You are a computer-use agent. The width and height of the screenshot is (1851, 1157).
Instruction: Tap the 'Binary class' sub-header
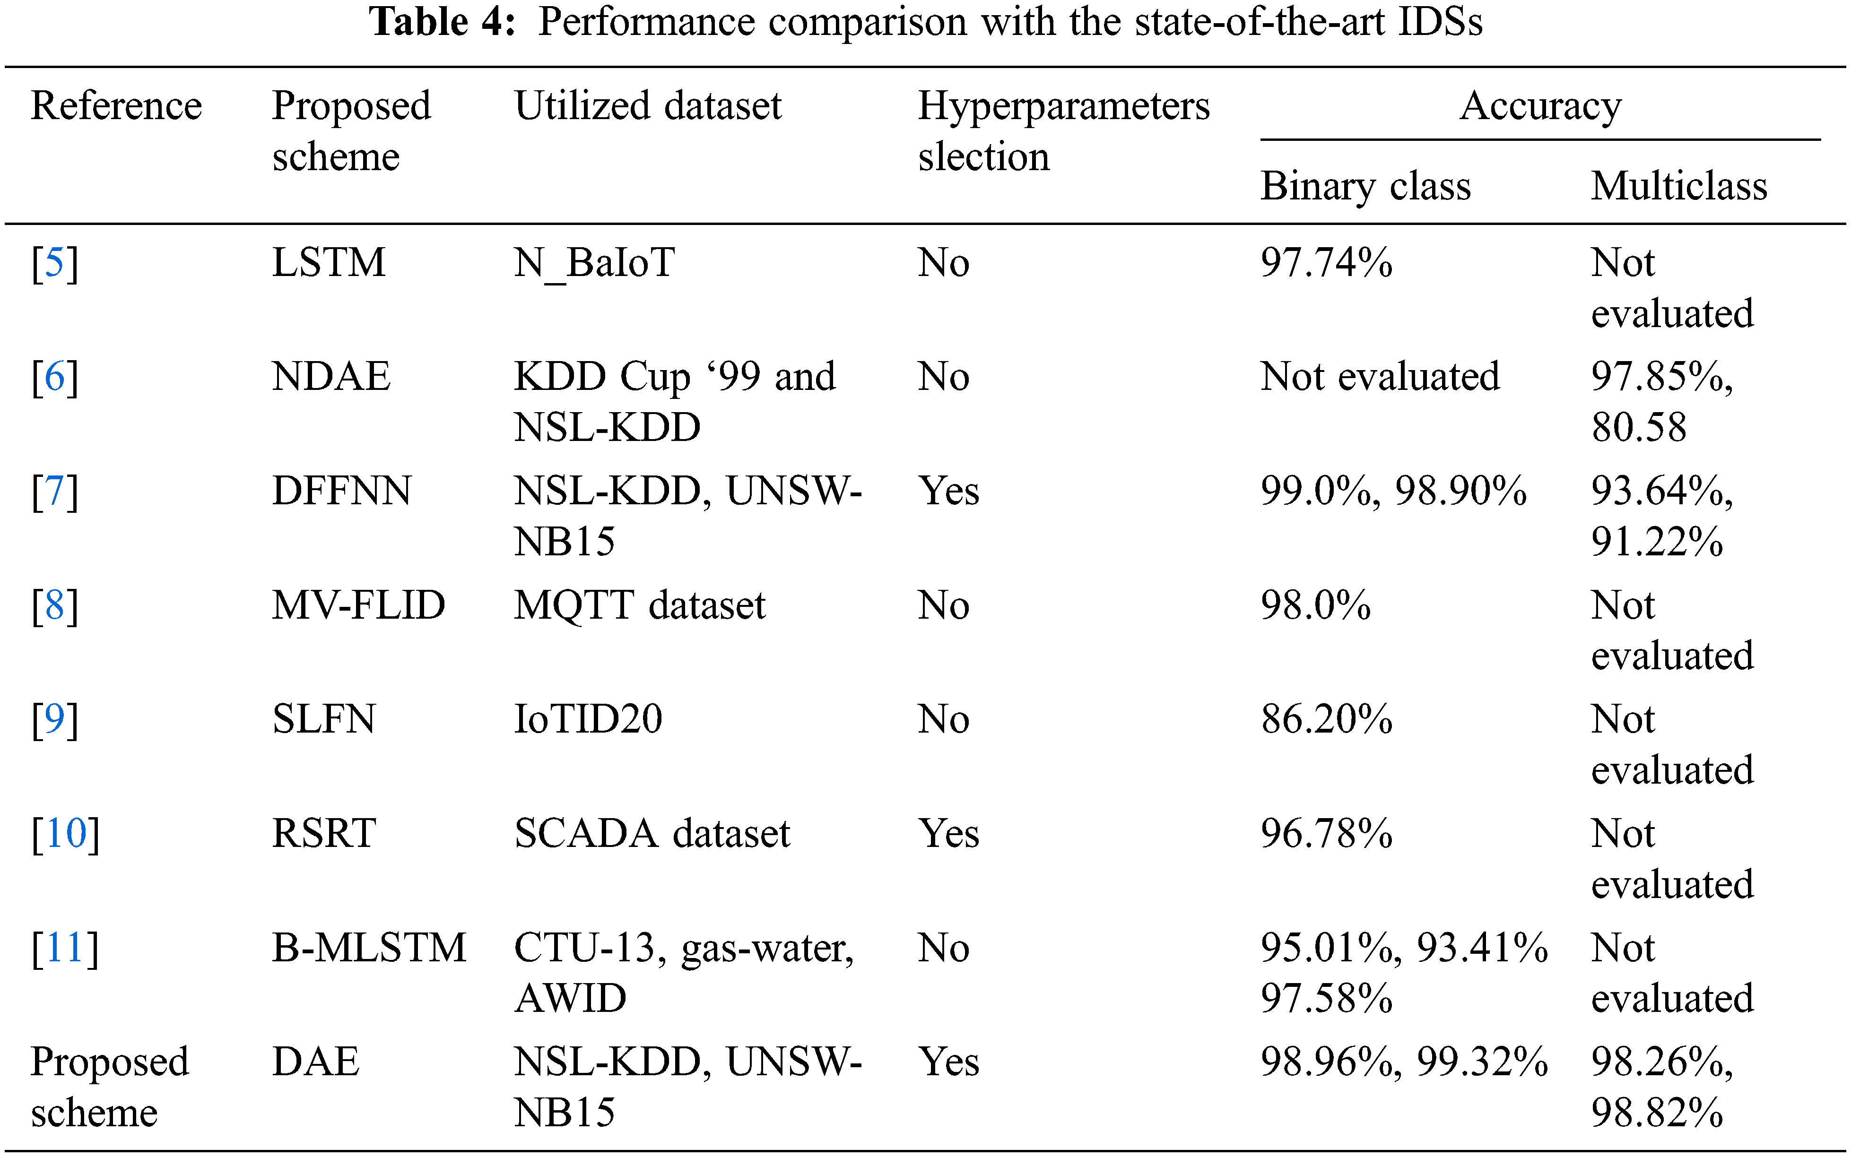pos(1365,186)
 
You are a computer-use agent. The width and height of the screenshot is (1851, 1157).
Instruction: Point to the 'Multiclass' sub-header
pos(1679,186)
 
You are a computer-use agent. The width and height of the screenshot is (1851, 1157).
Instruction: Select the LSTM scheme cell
pos(329,263)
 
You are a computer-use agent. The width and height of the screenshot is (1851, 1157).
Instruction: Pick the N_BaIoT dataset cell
pos(594,263)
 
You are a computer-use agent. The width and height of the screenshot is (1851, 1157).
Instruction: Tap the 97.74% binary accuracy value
pos(1326,263)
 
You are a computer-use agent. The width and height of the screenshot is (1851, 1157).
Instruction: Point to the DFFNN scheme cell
pos(341,491)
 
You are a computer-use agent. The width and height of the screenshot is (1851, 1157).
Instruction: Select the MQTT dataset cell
pos(639,605)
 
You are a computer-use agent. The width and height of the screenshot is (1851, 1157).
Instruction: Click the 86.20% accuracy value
pos(1326,719)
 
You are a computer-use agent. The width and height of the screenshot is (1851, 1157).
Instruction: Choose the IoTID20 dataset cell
pos(587,719)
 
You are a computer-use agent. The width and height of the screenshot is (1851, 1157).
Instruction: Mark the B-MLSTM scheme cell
pos(369,948)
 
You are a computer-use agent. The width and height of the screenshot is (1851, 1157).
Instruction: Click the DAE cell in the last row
pos(315,1062)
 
